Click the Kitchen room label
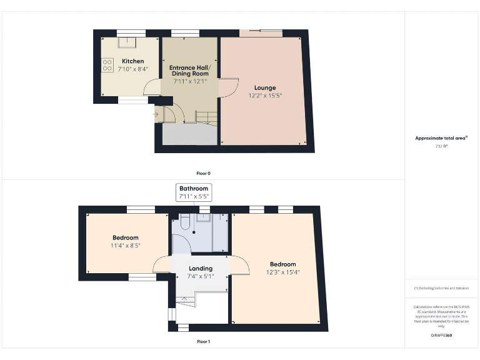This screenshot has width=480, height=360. coord(132,61)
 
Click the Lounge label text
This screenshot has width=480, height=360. coord(264,87)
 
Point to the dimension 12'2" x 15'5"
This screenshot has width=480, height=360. coord(264,95)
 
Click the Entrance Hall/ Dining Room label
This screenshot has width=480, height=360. coord(190,70)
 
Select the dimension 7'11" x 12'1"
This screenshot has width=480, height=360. coord(190,81)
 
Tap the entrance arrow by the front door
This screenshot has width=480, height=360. coord(155,114)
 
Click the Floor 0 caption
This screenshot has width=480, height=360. coord(203,173)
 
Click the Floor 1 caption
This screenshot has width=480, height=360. coord(203,342)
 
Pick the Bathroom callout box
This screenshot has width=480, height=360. coord(193,192)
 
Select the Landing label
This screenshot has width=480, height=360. coord(201,269)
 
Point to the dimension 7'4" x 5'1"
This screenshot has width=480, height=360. coord(201,276)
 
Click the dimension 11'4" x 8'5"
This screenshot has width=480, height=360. coord(126,246)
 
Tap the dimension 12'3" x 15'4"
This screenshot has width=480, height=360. coord(282,272)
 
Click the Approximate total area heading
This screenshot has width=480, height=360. coord(442,138)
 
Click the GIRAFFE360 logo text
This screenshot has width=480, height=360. coord(442,336)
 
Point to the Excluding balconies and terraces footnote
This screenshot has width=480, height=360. coord(442,287)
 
